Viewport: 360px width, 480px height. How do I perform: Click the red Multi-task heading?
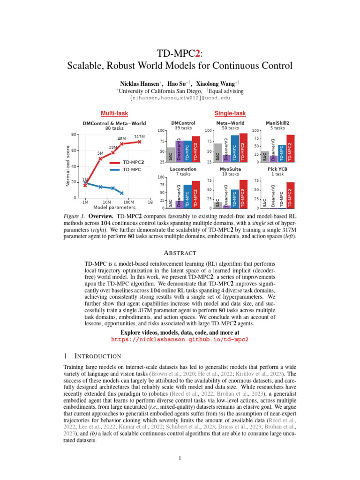114,113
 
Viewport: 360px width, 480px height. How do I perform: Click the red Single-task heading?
230,113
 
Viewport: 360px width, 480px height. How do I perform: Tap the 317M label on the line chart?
139,136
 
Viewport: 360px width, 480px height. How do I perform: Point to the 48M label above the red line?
122,139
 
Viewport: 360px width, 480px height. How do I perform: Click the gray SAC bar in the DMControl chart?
171,155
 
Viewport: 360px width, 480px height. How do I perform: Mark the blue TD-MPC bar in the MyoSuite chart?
234,199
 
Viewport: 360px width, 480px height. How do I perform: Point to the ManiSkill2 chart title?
277,123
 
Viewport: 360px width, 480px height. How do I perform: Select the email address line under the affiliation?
180,98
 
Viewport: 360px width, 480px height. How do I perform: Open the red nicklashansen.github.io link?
180,338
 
